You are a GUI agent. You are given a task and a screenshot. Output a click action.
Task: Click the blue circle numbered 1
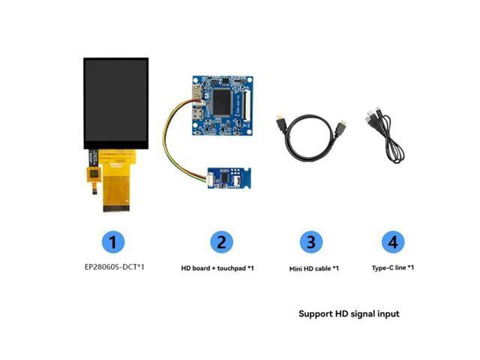(112, 242)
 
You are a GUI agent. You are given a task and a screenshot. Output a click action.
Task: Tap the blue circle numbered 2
(220, 242)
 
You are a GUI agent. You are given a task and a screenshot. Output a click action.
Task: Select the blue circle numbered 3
(310, 242)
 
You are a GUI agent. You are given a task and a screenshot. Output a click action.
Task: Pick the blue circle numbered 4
(393, 242)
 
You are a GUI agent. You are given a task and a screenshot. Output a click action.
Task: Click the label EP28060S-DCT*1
(113, 266)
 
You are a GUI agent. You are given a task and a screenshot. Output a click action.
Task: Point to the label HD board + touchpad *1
(217, 268)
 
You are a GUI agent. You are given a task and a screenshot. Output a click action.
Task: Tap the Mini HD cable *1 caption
(314, 268)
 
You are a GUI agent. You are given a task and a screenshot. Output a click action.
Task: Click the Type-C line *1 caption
(393, 268)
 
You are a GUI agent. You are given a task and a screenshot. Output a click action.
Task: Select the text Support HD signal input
(349, 313)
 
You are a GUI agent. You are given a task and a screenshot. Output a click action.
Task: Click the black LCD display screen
(115, 102)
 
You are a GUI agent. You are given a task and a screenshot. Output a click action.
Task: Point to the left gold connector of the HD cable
(278, 121)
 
